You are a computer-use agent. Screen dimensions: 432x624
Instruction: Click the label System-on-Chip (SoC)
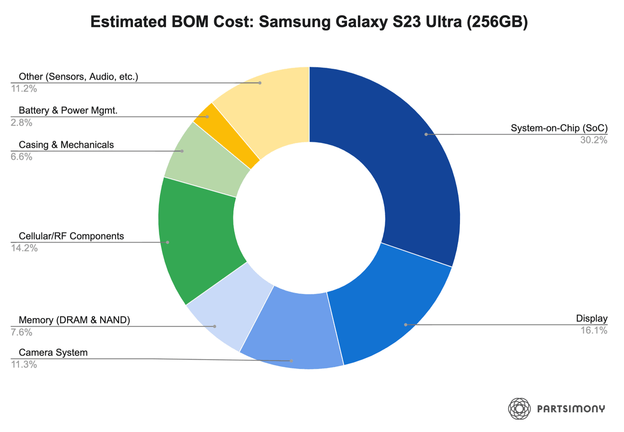coord(559,128)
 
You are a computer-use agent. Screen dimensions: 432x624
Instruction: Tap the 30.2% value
coord(594,140)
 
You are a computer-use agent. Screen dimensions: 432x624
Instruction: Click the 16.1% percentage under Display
coord(594,330)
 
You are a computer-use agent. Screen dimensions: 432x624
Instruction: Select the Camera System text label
coord(53,353)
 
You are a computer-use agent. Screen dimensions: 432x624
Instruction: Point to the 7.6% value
coord(22,332)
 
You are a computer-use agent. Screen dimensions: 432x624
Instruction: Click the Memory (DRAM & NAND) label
coord(74,320)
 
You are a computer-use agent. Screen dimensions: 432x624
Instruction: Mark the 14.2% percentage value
coord(24,248)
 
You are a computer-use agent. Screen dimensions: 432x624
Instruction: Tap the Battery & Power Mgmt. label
coord(68,110)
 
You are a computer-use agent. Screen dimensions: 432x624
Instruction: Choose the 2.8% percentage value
coord(22,123)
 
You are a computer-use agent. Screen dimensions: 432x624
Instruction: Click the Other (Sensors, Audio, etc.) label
coord(78,77)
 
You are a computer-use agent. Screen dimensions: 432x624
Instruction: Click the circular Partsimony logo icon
coord(519,408)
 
